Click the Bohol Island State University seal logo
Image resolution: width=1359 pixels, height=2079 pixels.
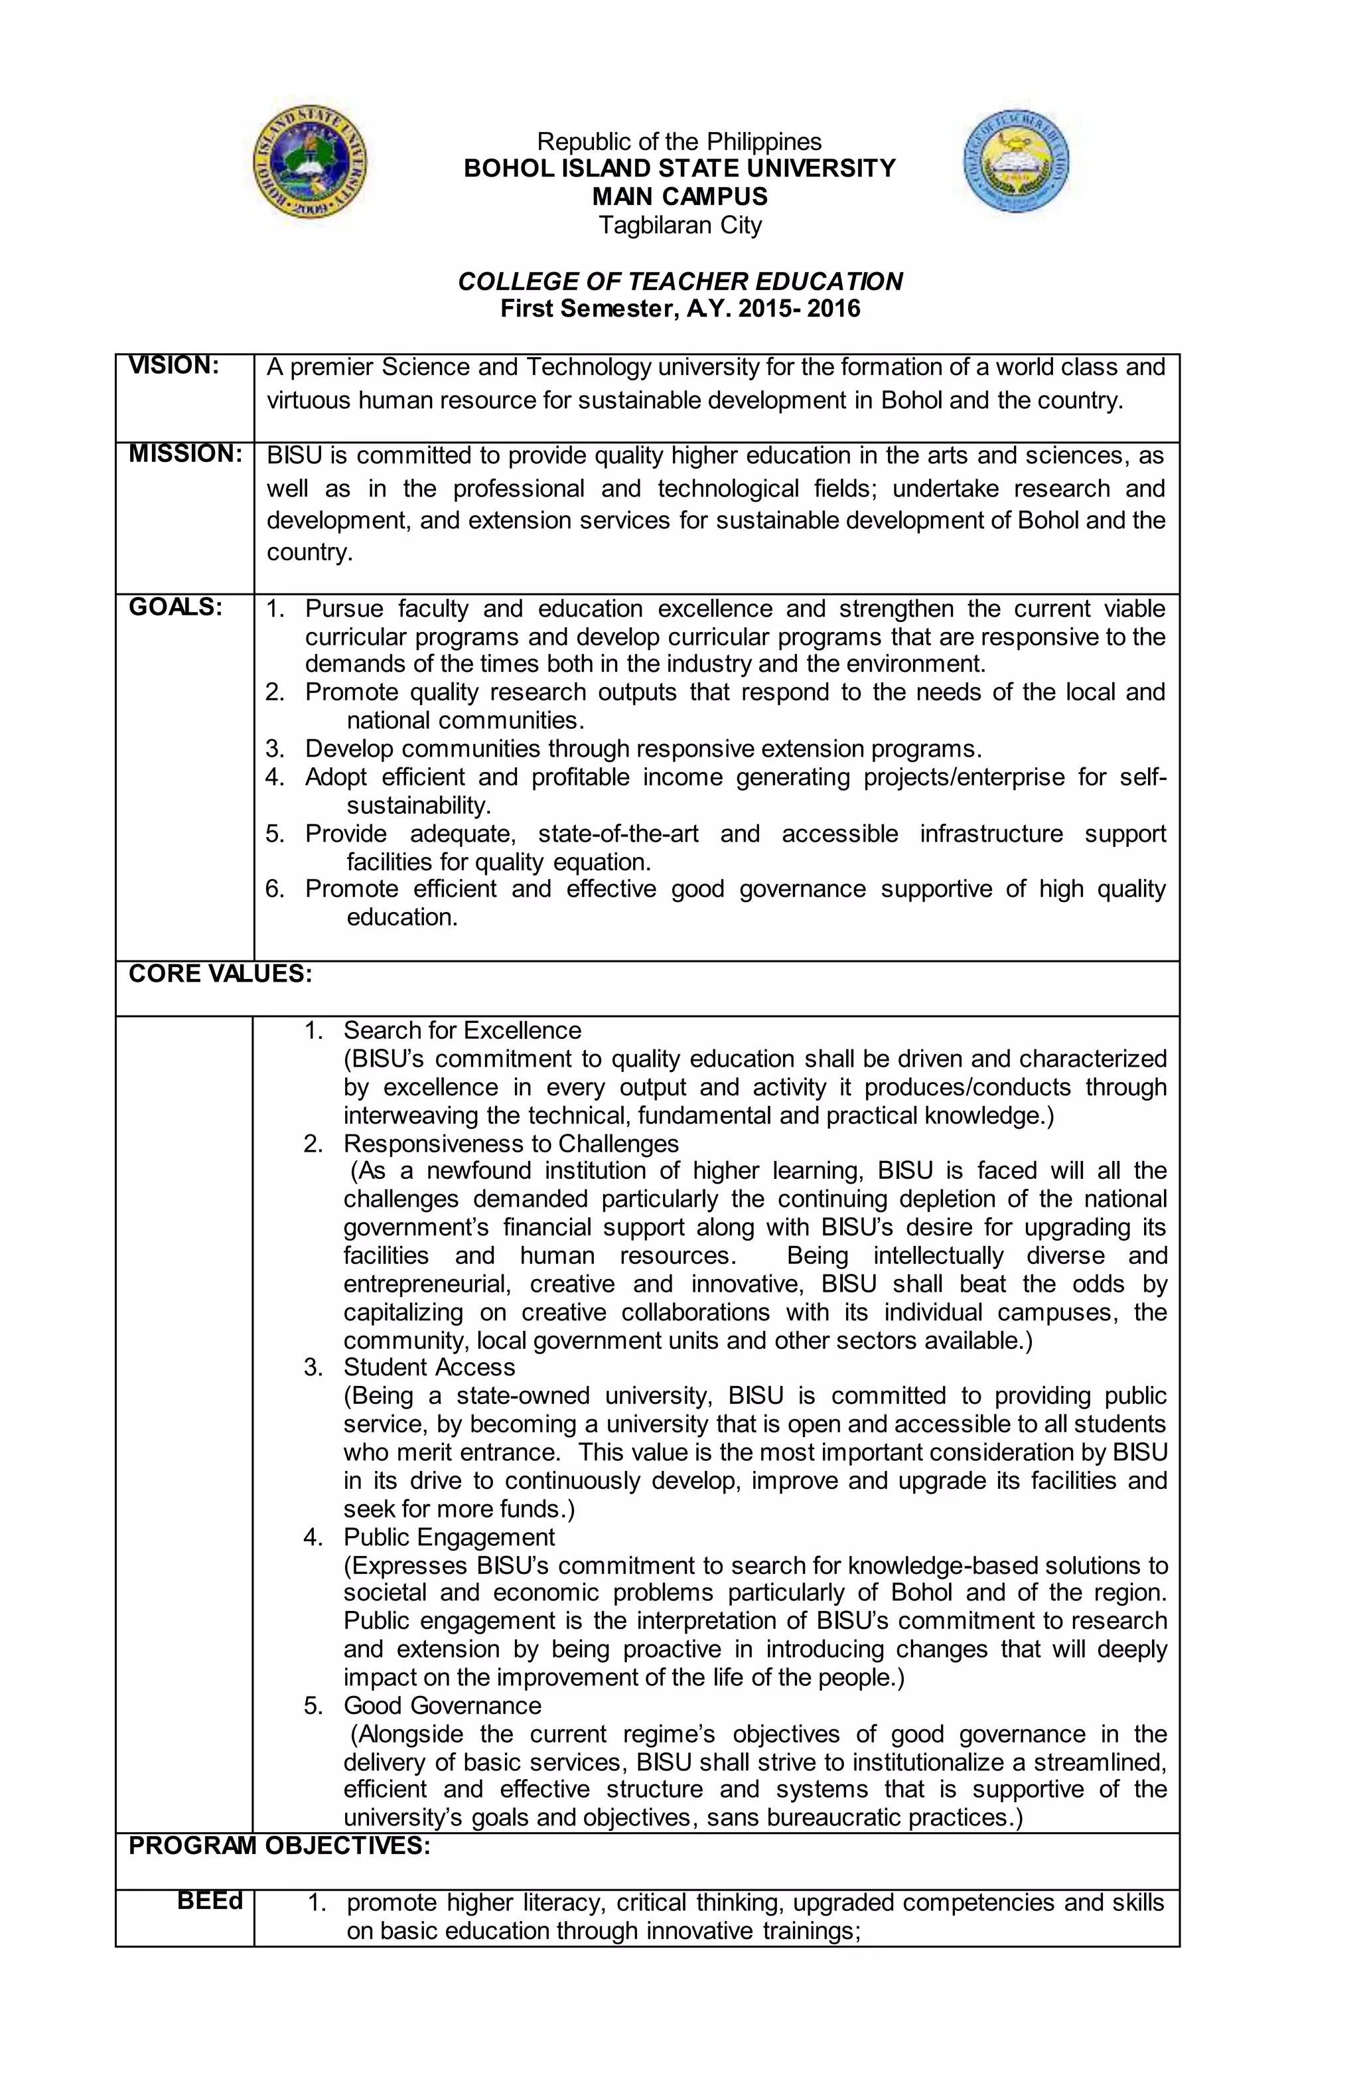click(x=309, y=166)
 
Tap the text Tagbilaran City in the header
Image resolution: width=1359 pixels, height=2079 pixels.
click(x=679, y=226)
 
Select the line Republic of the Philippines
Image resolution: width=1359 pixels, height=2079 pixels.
click(x=679, y=141)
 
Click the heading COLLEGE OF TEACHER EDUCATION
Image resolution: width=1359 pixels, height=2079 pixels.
click(x=679, y=281)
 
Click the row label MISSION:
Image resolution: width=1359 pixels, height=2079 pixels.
click(x=184, y=454)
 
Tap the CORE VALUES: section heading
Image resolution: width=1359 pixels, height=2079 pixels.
click(x=220, y=974)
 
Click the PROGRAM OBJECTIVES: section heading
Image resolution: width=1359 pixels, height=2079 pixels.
click(x=279, y=1846)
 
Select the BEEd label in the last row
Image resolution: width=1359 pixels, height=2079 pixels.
click(x=210, y=1901)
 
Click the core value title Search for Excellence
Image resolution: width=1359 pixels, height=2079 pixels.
click(x=462, y=1031)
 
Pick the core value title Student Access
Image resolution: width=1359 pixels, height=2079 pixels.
click(x=429, y=1367)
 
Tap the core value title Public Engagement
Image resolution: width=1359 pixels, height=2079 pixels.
click(x=449, y=1537)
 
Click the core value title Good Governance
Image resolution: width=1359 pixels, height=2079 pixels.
click(x=442, y=1705)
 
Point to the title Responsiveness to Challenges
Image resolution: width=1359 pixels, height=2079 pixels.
click(x=511, y=1144)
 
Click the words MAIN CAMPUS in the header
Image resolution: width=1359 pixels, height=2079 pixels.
click(x=679, y=196)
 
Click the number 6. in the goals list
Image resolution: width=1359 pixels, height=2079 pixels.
click(x=275, y=889)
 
